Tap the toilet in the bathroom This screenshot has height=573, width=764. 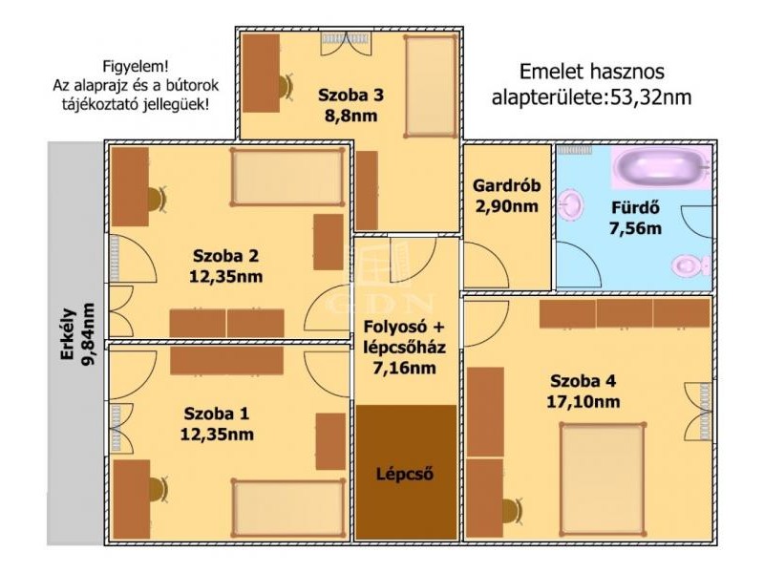[x=691, y=266]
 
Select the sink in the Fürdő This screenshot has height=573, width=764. [x=570, y=205]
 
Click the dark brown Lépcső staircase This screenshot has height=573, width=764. [x=405, y=472]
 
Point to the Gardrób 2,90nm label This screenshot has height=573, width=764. [x=507, y=196]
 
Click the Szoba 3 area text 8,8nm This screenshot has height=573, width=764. [x=350, y=116]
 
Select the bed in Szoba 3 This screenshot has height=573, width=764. [x=431, y=86]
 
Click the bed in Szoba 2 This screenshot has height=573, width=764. [x=287, y=177]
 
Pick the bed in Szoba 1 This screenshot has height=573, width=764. [x=288, y=508]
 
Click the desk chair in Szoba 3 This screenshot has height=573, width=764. [x=285, y=86]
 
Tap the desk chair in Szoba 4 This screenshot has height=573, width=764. [x=512, y=512]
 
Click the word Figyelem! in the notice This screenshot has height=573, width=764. [x=136, y=66]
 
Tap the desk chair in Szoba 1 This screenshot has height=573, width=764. [x=158, y=490]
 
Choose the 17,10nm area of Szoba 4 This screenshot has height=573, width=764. [x=584, y=402]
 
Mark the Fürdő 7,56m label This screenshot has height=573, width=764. [x=635, y=218]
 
